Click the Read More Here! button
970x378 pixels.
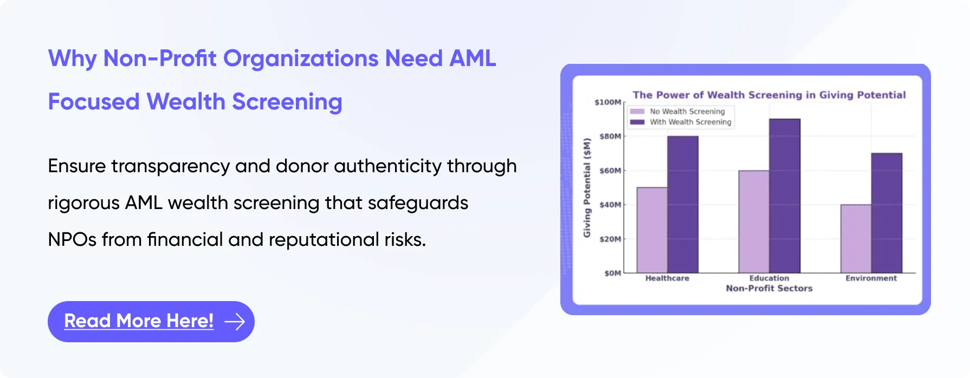[x=151, y=321]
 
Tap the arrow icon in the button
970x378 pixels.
[x=235, y=322]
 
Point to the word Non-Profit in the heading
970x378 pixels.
[x=160, y=58]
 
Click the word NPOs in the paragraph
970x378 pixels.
[x=72, y=239]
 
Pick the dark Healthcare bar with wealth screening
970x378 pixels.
[x=683, y=204]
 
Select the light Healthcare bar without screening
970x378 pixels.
[x=652, y=230]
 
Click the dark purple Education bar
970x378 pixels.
[x=785, y=195]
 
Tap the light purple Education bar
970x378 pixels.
[x=754, y=221]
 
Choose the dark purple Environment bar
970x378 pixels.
[x=887, y=213]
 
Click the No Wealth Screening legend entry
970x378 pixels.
[x=677, y=112]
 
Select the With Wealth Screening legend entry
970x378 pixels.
[x=681, y=122]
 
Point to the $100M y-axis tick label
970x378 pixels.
[x=607, y=102]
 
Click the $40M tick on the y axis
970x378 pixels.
[x=610, y=205]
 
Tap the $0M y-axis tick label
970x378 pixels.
[x=613, y=273]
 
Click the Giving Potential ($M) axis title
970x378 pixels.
[x=587, y=188]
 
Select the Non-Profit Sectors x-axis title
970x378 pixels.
[x=769, y=289]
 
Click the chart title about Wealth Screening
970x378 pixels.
[x=769, y=95]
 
